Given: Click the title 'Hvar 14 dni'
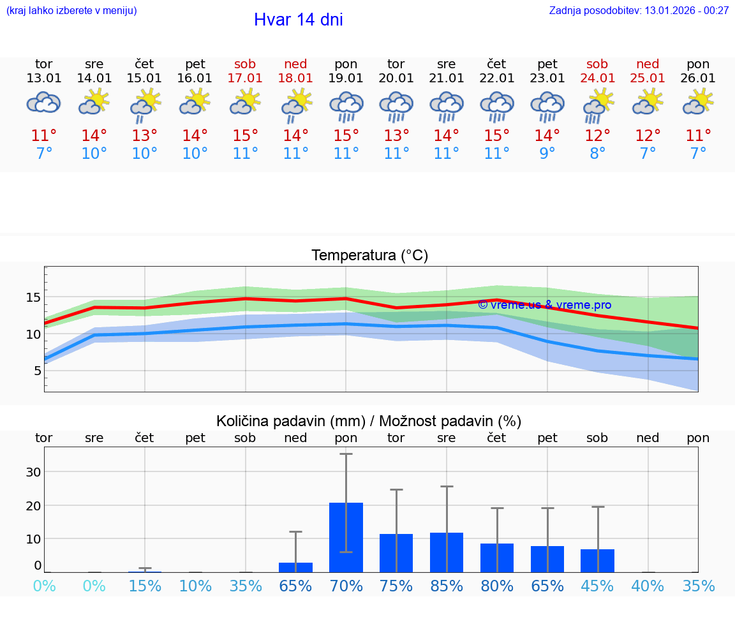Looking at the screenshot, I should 298,20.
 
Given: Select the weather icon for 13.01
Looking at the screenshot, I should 43,103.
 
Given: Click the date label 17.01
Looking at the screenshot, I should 245,78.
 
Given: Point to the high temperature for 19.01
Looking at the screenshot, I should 346,135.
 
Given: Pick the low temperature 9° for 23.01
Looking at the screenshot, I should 547,154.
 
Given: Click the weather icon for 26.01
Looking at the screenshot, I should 698,102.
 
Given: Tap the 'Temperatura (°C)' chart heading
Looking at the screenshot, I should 369,256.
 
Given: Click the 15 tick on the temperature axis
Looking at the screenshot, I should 33,297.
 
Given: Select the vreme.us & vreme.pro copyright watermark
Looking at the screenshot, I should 544,305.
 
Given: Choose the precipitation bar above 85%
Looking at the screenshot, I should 447,552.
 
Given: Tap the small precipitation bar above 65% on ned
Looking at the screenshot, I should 295,567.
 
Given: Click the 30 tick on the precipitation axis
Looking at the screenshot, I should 33,472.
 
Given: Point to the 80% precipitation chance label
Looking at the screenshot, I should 496,586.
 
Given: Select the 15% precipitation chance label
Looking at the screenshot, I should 145,586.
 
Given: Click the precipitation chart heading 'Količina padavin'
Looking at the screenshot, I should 369,421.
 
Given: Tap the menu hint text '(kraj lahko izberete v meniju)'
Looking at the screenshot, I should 71,10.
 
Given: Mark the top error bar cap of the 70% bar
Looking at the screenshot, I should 346,454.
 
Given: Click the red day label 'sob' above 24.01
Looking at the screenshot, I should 597,64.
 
